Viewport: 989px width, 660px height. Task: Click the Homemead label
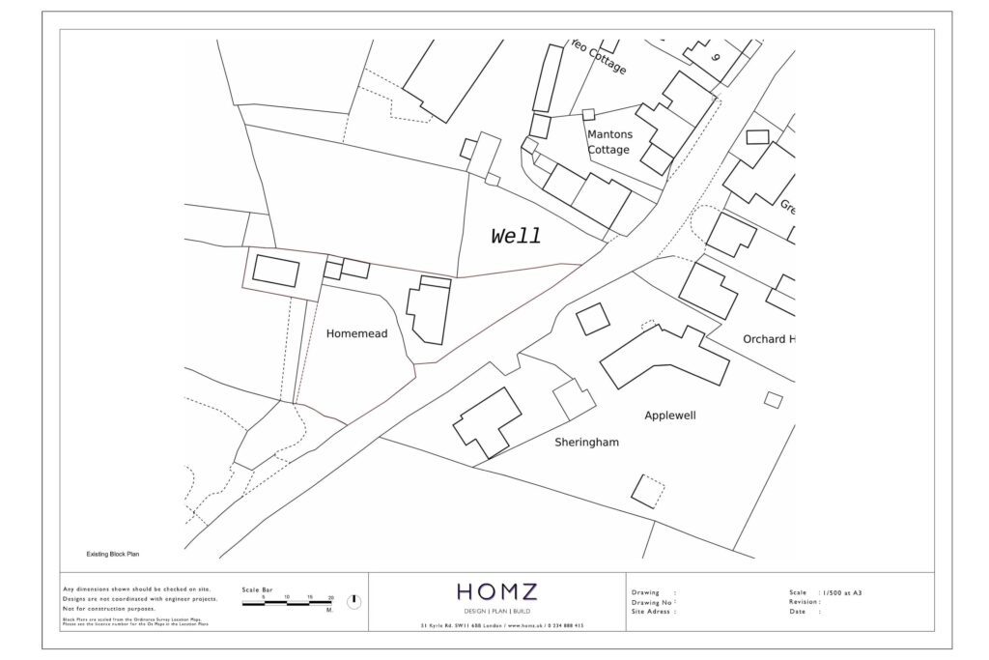click(x=356, y=333)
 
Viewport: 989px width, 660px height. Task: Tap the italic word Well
click(x=516, y=237)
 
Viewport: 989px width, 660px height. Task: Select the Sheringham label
click(x=586, y=443)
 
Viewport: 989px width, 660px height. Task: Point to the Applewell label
click(x=670, y=416)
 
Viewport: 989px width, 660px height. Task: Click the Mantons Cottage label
click(x=609, y=142)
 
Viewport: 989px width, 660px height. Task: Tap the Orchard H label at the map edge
click(x=769, y=339)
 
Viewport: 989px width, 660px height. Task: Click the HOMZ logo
click(x=496, y=591)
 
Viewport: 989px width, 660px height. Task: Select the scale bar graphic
click(x=287, y=603)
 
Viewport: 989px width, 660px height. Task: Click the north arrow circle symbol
click(x=353, y=601)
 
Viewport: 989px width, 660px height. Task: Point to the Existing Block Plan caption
click(x=114, y=555)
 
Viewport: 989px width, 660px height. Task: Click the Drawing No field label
click(x=653, y=602)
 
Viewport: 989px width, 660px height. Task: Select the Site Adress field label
click(x=653, y=612)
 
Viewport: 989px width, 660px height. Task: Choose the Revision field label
click(x=805, y=602)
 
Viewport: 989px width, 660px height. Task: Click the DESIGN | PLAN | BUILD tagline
click(x=496, y=612)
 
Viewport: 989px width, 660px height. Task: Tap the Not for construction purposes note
click(x=108, y=609)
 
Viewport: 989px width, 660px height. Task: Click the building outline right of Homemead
click(x=428, y=310)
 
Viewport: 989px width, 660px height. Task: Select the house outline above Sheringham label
click(x=488, y=421)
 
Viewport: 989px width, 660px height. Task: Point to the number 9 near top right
click(x=716, y=57)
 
